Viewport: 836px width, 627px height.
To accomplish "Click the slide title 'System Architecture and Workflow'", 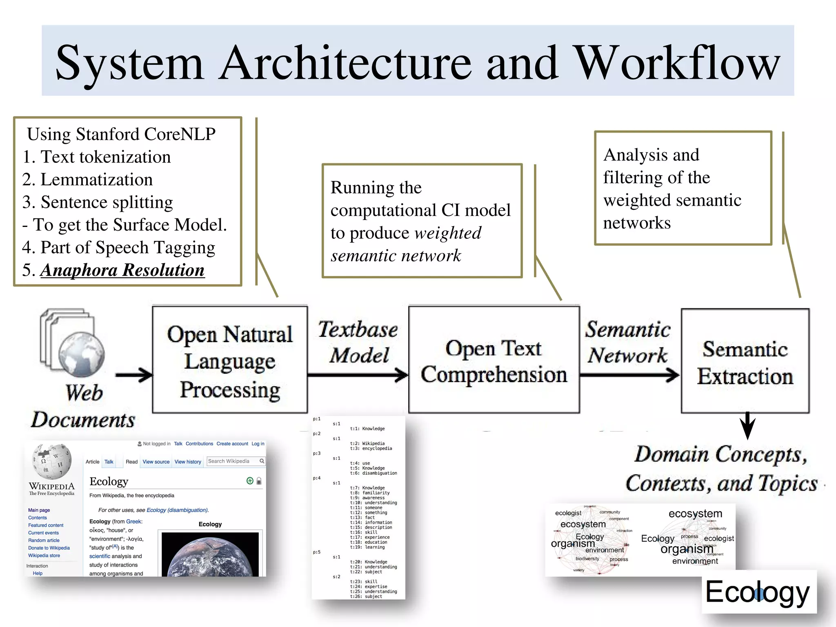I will click(x=418, y=62).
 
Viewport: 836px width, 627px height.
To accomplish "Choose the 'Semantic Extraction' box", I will click(x=745, y=361).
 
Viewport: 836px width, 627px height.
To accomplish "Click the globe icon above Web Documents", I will click(x=81, y=354).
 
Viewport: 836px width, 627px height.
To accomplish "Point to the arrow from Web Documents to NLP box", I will click(x=133, y=375).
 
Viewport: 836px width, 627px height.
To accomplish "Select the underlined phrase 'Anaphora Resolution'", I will click(x=122, y=270).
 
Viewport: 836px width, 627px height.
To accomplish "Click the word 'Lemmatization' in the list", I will click(x=97, y=179).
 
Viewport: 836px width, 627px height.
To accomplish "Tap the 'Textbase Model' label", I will click(x=358, y=342).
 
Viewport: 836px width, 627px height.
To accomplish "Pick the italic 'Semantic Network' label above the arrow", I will click(x=628, y=342).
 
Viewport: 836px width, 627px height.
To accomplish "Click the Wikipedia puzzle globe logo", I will click(x=52, y=461).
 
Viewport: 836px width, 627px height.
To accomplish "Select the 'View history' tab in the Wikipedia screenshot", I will click(x=188, y=462).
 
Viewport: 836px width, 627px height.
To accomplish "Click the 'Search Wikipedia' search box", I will click(x=233, y=461).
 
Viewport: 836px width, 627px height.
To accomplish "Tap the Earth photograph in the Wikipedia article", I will click(x=210, y=554).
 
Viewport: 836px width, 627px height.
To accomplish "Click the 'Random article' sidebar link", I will click(x=44, y=540).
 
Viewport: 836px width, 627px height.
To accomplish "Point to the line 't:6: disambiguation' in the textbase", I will click(x=374, y=473).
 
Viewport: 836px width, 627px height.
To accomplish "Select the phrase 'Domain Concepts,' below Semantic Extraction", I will click(x=720, y=454).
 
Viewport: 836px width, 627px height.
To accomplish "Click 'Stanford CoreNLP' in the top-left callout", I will click(x=146, y=134).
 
